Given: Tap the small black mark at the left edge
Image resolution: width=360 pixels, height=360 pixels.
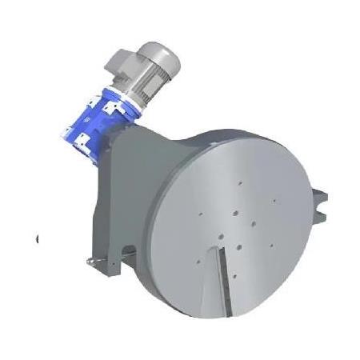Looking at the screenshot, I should (38, 238).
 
